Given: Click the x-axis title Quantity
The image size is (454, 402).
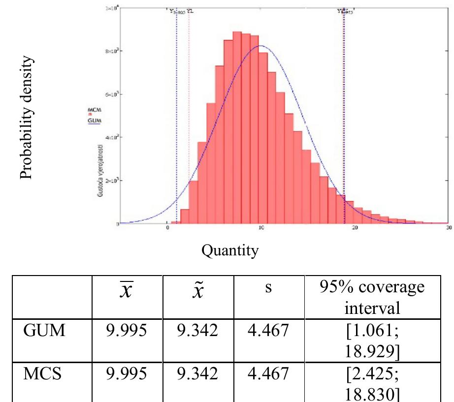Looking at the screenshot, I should point(229,251).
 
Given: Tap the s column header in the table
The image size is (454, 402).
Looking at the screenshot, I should point(268,288).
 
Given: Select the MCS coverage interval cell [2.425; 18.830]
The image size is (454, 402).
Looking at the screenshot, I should point(378,379).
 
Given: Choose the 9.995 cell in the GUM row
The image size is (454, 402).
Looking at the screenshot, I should point(127,333).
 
